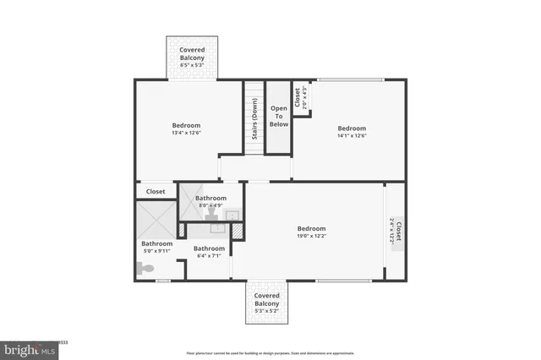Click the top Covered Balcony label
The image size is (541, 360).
pyautogui.click(x=194, y=54)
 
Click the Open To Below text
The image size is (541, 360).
pyautogui.click(x=279, y=117)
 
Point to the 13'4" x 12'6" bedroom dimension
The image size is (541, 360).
pyautogui.click(x=186, y=133)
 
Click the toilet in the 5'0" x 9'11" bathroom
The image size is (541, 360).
pyautogui.click(x=145, y=269)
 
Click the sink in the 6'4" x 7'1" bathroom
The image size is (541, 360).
pyautogui.click(x=215, y=226)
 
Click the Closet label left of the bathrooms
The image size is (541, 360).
pyautogui.click(x=156, y=192)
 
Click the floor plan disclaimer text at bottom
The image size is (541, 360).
pyautogui.click(x=270, y=352)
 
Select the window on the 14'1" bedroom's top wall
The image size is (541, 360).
pyautogui.click(x=350, y=80)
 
